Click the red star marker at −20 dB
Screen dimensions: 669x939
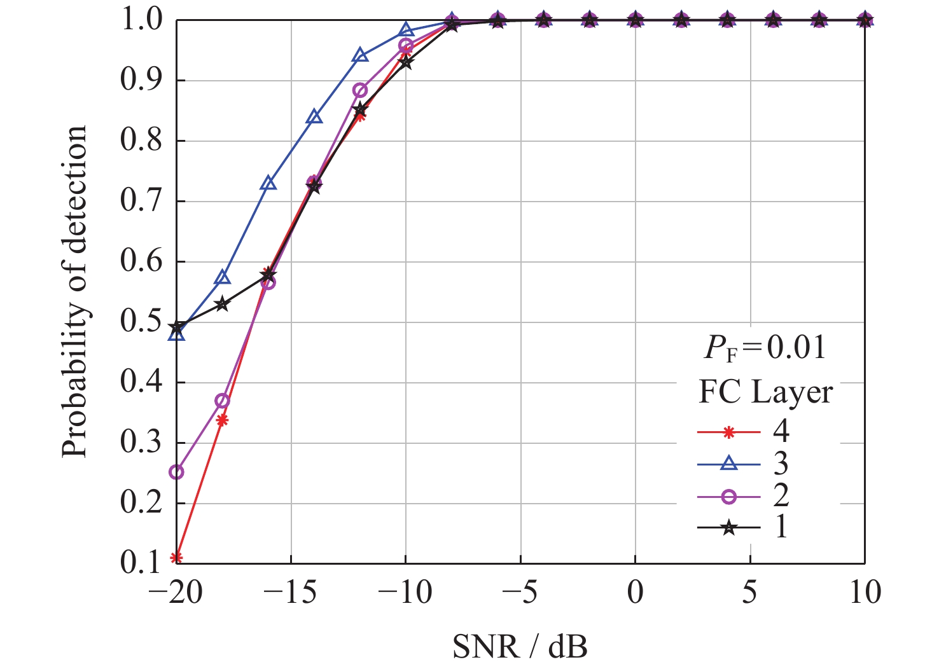coord(177,558)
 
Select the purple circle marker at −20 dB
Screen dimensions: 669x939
coord(177,472)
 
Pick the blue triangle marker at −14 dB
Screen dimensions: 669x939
coord(314,117)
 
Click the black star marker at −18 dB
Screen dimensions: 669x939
coord(222,304)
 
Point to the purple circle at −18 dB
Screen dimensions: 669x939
coord(222,401)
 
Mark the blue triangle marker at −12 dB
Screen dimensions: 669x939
coord(360,55)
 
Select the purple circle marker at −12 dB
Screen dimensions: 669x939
coord(360,90)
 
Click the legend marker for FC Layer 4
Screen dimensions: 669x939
coord(729,432)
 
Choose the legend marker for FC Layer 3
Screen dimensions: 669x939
coord(729,464)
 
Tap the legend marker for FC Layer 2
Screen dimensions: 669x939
coord(729,495)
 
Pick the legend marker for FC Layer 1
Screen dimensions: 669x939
coord(729,527)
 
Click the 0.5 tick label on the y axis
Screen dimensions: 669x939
coord(141,322)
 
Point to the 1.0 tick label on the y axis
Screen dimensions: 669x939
coord(141,20)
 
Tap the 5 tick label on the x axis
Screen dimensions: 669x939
coord(750,593)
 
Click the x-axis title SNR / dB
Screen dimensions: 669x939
coord(520,646)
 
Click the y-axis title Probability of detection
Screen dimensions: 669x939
coord(74,291)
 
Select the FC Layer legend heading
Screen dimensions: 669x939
coord(765,392)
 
